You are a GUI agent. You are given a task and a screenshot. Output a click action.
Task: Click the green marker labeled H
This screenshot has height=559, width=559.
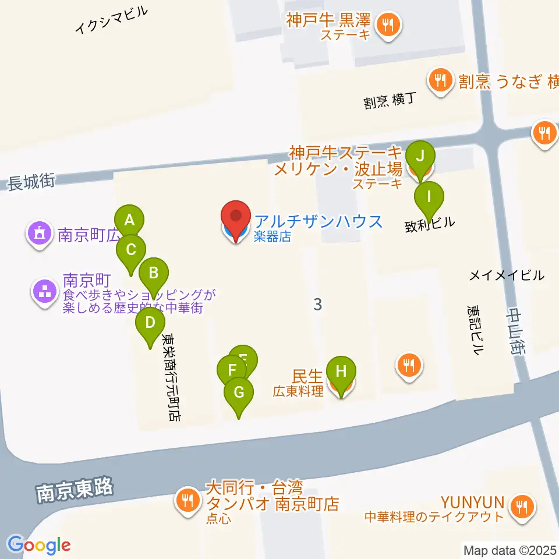click(x=341, y=371)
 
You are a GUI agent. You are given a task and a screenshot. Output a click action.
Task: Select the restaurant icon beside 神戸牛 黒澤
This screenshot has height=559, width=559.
click(x=387, y=25)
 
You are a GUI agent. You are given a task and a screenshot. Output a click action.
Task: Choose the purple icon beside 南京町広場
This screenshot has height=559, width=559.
click(x=40, y=233)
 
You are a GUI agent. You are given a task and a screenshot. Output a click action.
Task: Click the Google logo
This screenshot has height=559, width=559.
click(x=38, y=546)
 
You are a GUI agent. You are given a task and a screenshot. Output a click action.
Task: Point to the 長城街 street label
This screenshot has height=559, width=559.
click(x=31, y=183)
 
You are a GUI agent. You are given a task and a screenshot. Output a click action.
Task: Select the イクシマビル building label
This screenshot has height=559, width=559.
click(x=112, y=21)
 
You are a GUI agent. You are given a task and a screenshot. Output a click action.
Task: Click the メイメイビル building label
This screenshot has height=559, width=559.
click(x=507, y=275)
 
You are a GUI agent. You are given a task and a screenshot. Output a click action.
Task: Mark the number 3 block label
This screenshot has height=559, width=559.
click(x=317, y=303)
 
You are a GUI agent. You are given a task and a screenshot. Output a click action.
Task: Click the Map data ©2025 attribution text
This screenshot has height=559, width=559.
click(x=510, y=550)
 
